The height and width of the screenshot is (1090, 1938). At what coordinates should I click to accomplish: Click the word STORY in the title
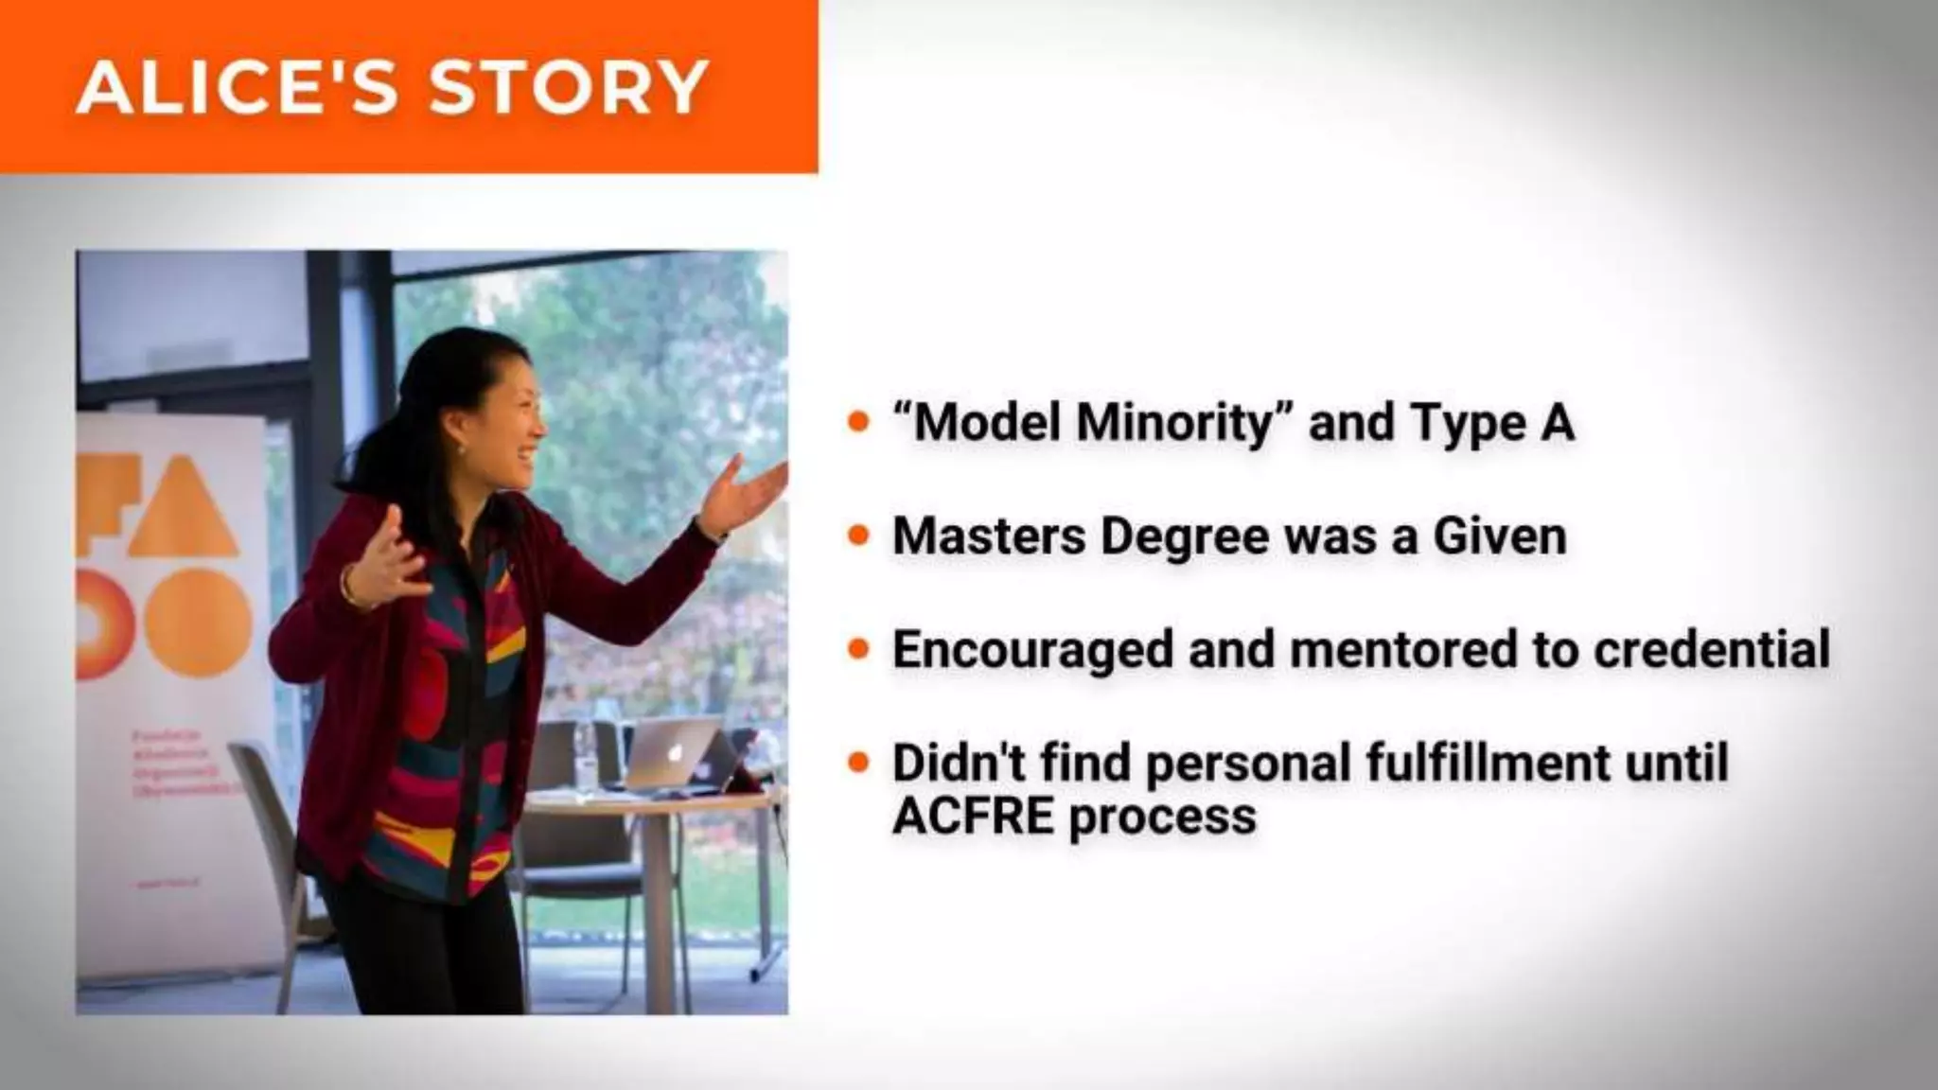tap(569, 87)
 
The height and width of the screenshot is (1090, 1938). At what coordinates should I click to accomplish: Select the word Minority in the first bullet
tap(1176, 423)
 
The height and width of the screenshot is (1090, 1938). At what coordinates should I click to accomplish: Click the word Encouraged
tap(1032, 651)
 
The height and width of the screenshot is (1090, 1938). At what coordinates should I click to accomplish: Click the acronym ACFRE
tap(974, 816)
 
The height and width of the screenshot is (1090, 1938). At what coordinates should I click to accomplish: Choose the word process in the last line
tap(1163, 817)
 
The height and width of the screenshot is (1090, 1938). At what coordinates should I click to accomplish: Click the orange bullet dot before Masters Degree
tap(859, 536)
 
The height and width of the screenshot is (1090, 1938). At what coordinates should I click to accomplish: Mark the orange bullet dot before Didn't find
tap(859, 763)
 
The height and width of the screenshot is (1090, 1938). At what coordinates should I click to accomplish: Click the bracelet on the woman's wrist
tap(349, 587)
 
